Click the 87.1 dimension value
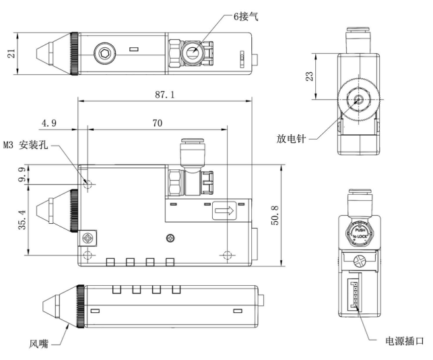[x=165, y=94]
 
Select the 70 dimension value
[x=158, y=123]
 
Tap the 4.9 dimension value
[x=49, y=123]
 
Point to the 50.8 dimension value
[x=275, y=215]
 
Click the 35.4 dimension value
[x=22, y=220]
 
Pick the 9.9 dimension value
[x=22, y=175]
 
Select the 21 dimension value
[x=11, y=53]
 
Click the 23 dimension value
[x=310, y=76]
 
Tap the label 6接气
[x=246, y=17]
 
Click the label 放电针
[x=291, y=138]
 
